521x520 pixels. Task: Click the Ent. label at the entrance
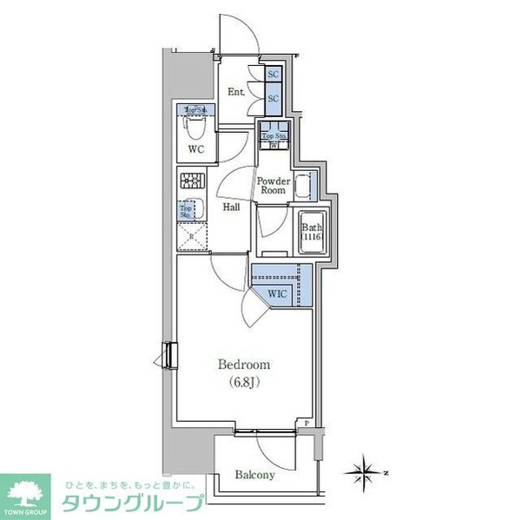coord(235,92)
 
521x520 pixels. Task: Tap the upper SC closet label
coord(272,76)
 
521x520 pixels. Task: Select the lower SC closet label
coord(272,98)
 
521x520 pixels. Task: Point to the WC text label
coord(197,148)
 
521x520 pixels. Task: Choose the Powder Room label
coord(274,185)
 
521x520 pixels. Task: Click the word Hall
coord(232,207)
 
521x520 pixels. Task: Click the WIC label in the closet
coord(276,294)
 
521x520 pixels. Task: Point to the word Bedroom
coord(244,365)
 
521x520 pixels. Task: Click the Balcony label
coord(254,475)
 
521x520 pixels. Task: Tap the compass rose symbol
coord(364,473)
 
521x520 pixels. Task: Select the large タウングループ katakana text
coord(132,504)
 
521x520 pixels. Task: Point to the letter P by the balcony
coord(307,424)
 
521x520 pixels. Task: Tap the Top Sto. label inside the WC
coord(195,109)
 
